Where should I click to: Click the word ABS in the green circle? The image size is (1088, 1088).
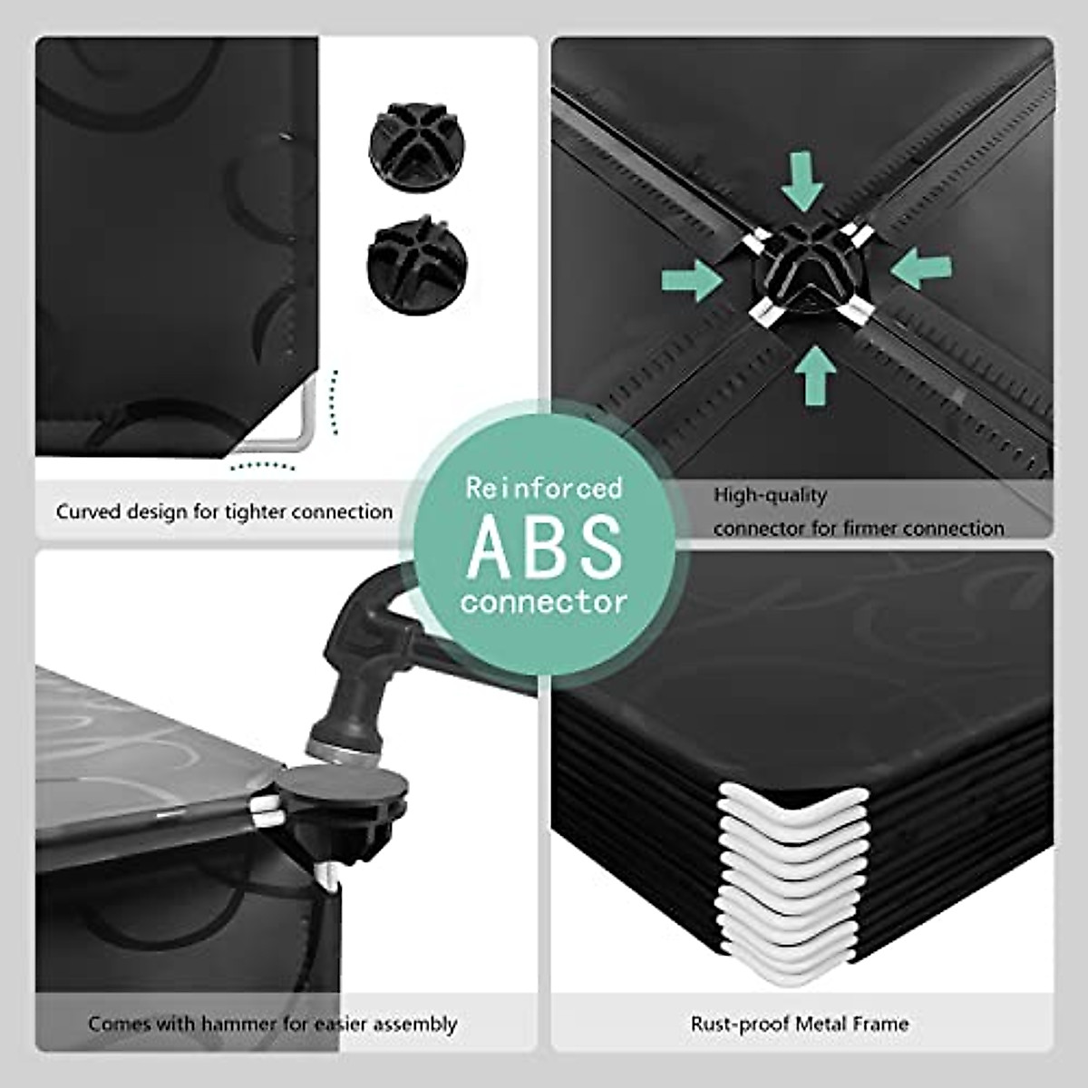click(x=545, y=546)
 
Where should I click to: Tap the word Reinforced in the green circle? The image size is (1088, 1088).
click(x=544, y=489)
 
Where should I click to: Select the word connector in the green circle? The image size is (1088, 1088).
click(x=544, y=600)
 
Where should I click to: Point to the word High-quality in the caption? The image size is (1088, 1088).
click(x=770, y=495)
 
